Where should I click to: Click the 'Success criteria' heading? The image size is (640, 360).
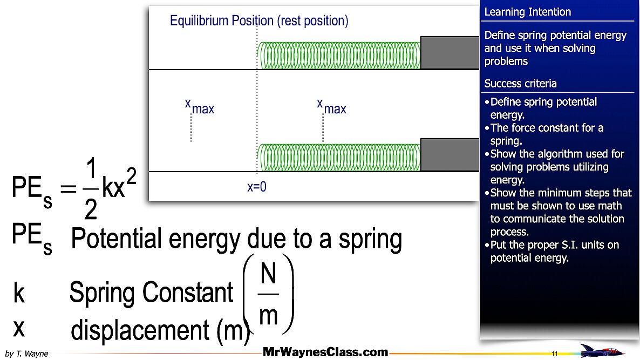tap(520, 84)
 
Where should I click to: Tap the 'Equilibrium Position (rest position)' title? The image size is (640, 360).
tap(259, 21)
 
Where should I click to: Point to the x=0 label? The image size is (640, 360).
tap(257, 187)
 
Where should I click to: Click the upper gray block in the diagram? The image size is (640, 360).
tap(450, 53)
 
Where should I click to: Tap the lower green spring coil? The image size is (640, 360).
tap(339, 157)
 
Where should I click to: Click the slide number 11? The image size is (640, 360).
tap(554, 354)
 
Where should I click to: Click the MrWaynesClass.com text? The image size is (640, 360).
tap(325, 352)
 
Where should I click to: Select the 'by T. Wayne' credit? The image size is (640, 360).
tap(26, 354)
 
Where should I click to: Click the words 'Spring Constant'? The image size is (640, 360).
tap(151, 293)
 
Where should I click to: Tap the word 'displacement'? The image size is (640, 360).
tap(141, 330)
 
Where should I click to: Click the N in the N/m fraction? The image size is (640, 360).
tap(268, 275)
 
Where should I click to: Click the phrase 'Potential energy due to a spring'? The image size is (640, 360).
tap(236, 239)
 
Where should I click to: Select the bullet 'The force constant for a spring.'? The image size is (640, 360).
tap(546, 134)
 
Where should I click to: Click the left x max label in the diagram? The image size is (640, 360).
tap(199, 106)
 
